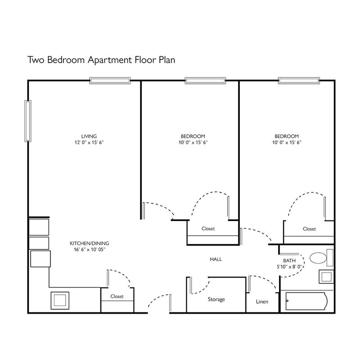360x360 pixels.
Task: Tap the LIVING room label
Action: click(x=89, y=136)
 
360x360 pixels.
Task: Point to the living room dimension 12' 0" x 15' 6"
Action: click(x=89, y=143)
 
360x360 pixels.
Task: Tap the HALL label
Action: click(x=216, y=260)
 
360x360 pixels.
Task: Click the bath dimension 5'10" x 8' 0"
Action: click(x=289, y=267)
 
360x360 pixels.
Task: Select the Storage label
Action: click(x=216, y=300)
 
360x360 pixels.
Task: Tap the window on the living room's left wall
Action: click(x=28, y=121)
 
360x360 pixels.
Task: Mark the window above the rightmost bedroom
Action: click(x=299, y=81)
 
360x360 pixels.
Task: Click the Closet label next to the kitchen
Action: click(x=117, y=297)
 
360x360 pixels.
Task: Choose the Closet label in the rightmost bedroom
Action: click(x=309, y=229)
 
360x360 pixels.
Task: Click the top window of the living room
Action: click(x=110, y=81)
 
